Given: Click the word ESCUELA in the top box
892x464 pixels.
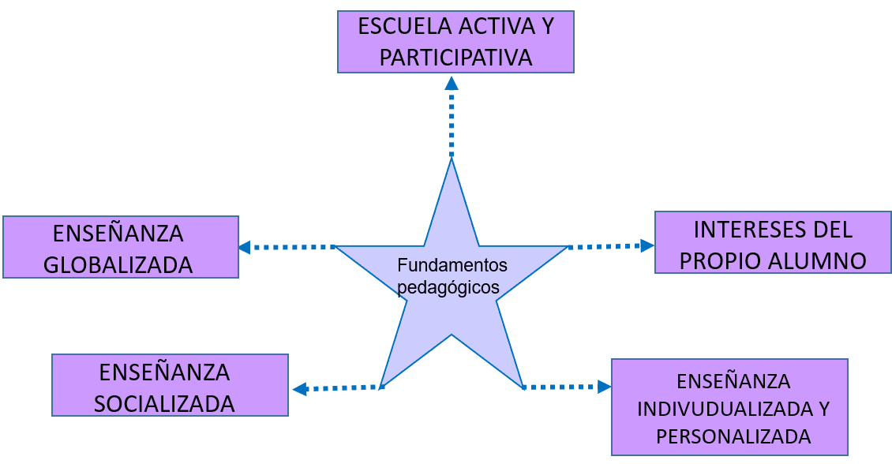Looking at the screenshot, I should [404, 26].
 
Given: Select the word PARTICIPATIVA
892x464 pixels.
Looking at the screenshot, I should [455, 58].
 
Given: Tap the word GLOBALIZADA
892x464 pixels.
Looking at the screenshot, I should [118, 265].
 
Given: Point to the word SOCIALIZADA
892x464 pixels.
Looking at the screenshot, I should [164, 404].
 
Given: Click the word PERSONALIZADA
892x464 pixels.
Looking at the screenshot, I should [733, 437].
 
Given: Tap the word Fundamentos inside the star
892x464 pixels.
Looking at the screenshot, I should [452, 265].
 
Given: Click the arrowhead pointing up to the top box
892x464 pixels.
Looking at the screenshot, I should [451, 82].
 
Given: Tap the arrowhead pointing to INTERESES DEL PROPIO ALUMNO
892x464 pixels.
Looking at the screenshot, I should [647, 245].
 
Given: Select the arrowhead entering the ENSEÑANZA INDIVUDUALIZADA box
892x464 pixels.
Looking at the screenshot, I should [605, 387].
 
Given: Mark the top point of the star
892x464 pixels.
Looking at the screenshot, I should [452, 162].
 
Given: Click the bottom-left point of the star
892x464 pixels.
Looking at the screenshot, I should [382, 385].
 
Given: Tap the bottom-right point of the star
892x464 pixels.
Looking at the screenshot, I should [522, 386].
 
